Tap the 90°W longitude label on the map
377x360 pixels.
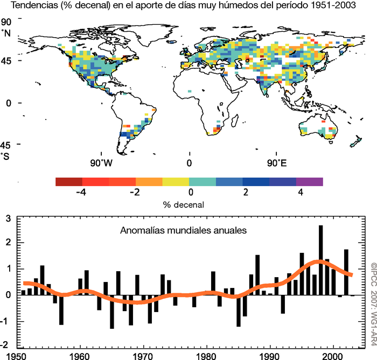coord(101,163)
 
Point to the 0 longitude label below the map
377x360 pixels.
coord(189,163)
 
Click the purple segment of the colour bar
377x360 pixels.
coord(309,182)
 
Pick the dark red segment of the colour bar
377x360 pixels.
coord(69,182)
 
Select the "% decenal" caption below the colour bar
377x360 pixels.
coord(189,205)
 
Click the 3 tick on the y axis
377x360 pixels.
coord(8,218)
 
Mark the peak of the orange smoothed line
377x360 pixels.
coord(320,262)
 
